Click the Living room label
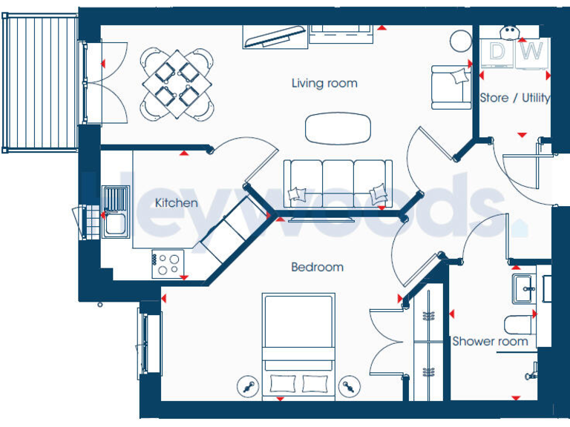(x=324, y=83)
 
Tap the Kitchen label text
(x=176, y=202)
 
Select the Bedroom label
(x=317, y=267)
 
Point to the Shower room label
(x=491, y=342)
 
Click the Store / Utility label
(x=514, y=98)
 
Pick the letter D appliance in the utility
(x=497, y=52)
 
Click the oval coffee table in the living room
(x=338, y=128)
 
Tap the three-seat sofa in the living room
(x=338, y=182)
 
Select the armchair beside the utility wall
(x=451, y=86)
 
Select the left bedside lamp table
(x=247, y=386)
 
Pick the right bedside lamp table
(x=349, y=386)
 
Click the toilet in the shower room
(x=518, y=324)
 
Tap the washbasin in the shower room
(x=525, y=286)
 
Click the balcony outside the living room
(x=41, y=83)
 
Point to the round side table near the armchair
(x=460, y=39)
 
